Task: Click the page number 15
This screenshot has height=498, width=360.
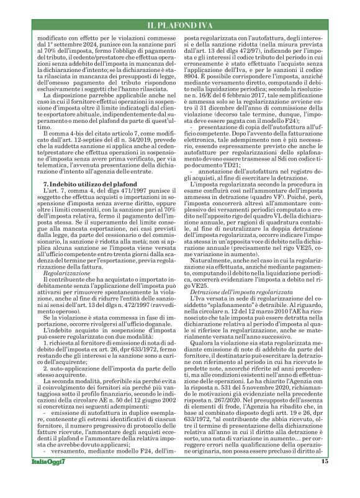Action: [324, 479]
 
